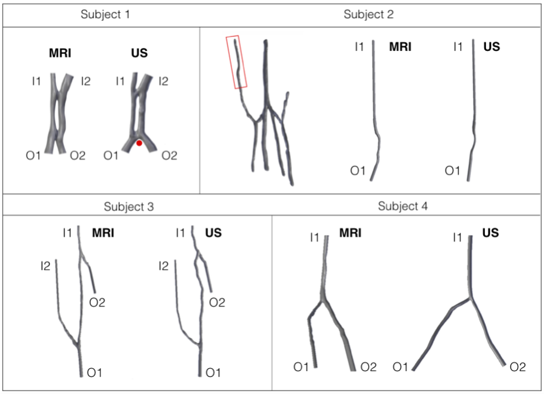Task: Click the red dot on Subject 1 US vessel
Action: click(139, 143)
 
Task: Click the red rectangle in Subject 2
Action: click(236, 62)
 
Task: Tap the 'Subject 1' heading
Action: click(106, 14)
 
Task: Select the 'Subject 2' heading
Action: click(368, 14)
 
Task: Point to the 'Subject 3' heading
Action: click(129, 206)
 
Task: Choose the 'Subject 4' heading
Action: click(403, 206)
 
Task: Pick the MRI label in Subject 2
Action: click(400, 47)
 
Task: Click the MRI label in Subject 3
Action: click(103, 233)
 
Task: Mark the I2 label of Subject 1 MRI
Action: click(86, 81)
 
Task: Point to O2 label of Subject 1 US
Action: click(169, 155)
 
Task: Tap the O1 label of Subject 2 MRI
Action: click(358, 171)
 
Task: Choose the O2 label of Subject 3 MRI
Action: click(97, 303)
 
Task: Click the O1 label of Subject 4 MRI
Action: click(301, 367)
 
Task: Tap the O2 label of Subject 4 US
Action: click(518, 367)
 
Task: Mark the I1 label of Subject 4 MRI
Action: click(314, 237)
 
